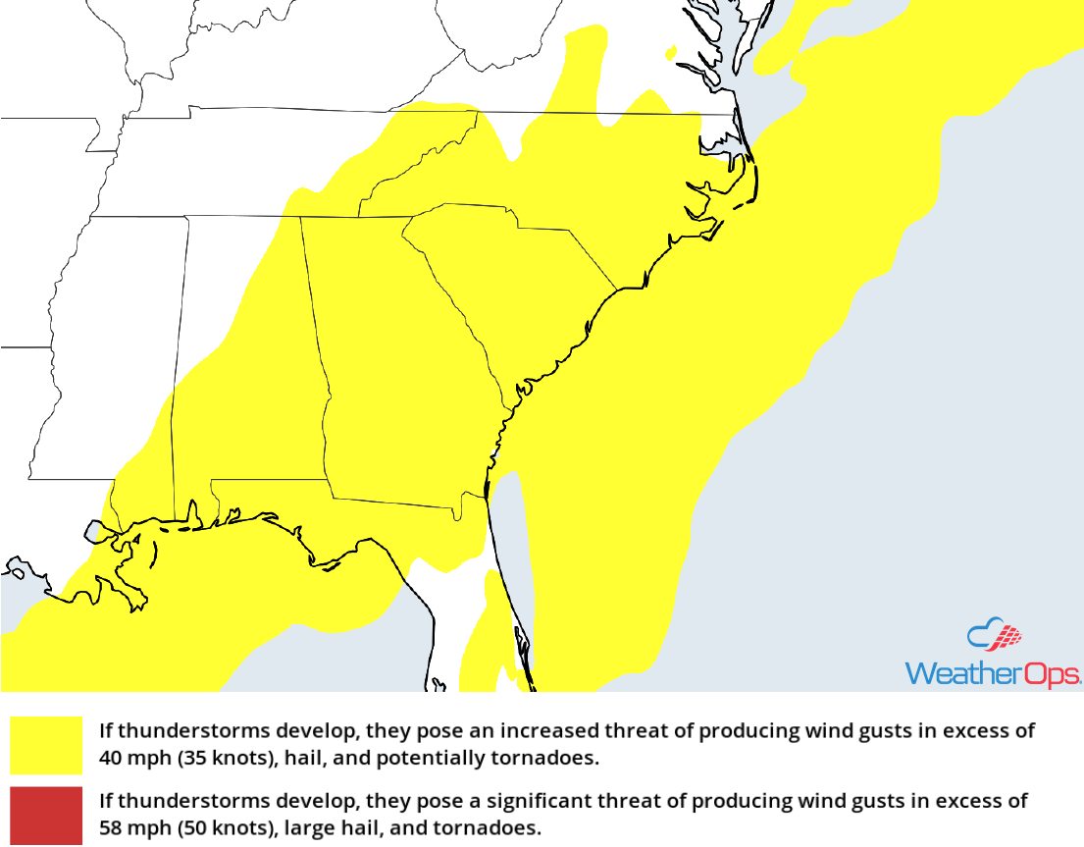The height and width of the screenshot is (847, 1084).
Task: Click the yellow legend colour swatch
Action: pyautogui.click(x=46, y=745)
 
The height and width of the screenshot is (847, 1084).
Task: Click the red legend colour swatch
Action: pyautogui.click(x=46, y=816)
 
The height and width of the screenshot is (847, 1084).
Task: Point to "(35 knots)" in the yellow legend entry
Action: pyautogui.click(x=214, y=759)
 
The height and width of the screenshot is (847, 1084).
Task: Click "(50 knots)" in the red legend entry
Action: pyautogui.click(x=214, y=828)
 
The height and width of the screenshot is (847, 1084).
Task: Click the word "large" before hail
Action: pyautogui.click(x=305, y=828)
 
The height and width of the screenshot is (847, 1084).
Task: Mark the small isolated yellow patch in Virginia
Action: pyautogui.click(x=670, y=51)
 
